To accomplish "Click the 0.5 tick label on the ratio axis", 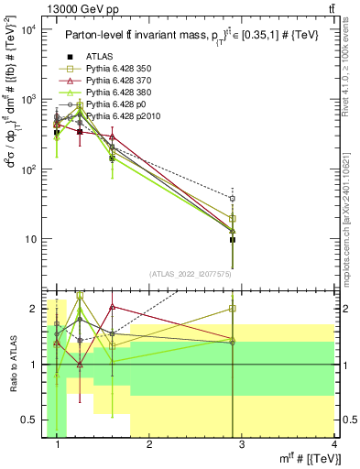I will pyautogui.click(x=32, y=420).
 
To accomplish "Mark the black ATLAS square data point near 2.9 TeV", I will pyautogui.click(x=233, y=240).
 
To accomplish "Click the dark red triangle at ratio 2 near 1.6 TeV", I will pyautogui.click(x=112, y=307).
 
